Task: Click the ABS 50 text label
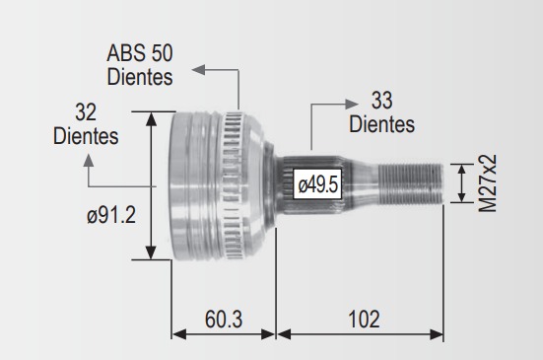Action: click(140, 53)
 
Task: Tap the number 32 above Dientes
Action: click(86, 111)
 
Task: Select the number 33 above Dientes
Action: click(382, 101)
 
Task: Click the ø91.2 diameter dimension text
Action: click(111, 215)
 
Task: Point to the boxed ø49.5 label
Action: click(317, 184)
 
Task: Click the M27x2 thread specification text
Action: click(487, 183)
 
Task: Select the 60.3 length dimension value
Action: click(224, 319)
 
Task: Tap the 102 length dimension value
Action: click(364, 319)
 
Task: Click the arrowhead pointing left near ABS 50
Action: click(198, 69)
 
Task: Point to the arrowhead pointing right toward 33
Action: click(352, 104)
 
